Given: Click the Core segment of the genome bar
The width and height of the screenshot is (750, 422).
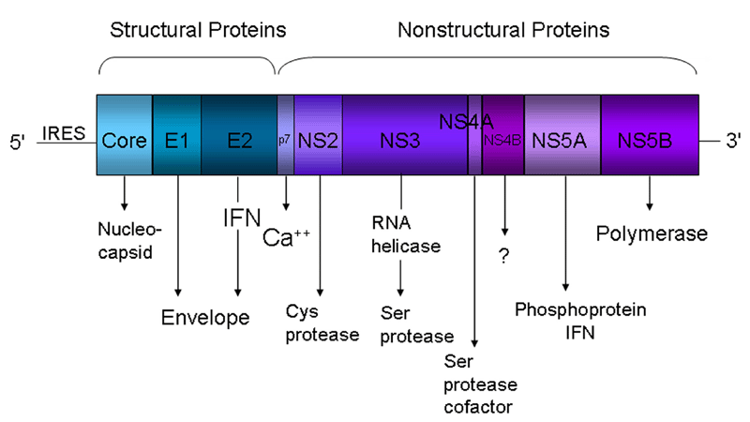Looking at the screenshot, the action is pyautogui.click(x=125, y=134).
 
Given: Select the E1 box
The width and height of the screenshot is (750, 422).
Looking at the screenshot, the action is pyautogui.click(x=177, y=134).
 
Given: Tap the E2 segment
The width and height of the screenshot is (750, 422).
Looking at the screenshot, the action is pyautogui.click(x=239, y=134).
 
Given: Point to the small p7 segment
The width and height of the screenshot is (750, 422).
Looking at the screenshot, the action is pyautogui.click(x=286, y=134).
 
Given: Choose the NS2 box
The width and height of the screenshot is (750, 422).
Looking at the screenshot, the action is pyautogui.click(x=318, y=134).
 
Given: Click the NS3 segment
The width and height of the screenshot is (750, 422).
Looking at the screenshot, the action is pyautogui.click(x=405, y=134).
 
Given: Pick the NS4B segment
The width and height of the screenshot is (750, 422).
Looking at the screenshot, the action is pyautogui.click(x=503, y=134).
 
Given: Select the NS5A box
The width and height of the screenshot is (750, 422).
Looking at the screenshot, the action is pyautogui.click(x=562, y=134).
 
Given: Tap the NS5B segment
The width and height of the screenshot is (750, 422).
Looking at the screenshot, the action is pyautogui.click(x=650, y=134).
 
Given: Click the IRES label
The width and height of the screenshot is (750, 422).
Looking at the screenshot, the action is pyautogui.click(x=64, y=133).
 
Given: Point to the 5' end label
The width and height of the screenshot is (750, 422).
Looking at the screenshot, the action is pyautogui.click(x=17, y=143).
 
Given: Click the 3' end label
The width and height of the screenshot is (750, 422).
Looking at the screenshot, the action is pyautogui.click(x=733, y=142).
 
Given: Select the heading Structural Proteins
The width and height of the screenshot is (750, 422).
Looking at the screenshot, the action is pyautogui.click(x=198, y=30).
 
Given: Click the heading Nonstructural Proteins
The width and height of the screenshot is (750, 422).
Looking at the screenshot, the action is pyautogui.click(x=503, y=30).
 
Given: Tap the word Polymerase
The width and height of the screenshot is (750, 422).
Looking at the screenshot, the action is pyautogui.click(x=652, y=234).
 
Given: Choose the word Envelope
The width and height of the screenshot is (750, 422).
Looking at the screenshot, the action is pyautogui.click(x=205, y=317).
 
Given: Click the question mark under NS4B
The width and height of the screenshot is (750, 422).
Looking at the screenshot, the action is pyautogui.click(x=504, y=257).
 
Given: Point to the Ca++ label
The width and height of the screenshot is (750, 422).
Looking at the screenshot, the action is pyautogui.click(x=286, y=238).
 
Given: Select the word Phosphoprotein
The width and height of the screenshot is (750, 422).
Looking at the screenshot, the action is pyautogui.click(x=580, y=310).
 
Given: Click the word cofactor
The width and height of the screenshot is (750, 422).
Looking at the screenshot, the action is pyautogui.click(x=478, y=407).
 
